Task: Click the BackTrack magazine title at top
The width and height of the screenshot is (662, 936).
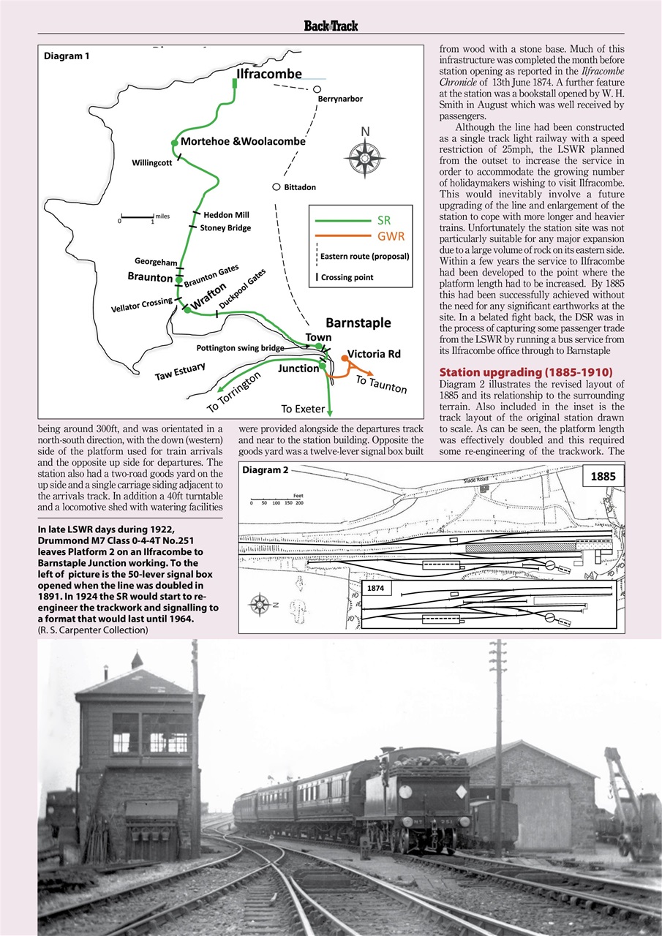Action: [331, 26]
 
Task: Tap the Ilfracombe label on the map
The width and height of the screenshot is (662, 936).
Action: [268, 75]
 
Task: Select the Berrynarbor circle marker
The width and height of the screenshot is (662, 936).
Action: [317, 90]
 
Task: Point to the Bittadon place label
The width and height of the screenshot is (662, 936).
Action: [300, 188]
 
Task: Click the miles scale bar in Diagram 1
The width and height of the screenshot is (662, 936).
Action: [138, 217]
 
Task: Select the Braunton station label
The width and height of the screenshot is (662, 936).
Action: [150, 277]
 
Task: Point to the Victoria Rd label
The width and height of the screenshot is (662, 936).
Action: [374, 354]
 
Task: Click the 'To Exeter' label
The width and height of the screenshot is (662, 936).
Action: [303, 409]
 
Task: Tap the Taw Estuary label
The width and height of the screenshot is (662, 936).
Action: [180, 372]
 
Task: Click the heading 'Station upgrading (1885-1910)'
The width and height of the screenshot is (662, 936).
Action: [525, 371]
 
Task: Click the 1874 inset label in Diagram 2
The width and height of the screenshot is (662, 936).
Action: [376, 587]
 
